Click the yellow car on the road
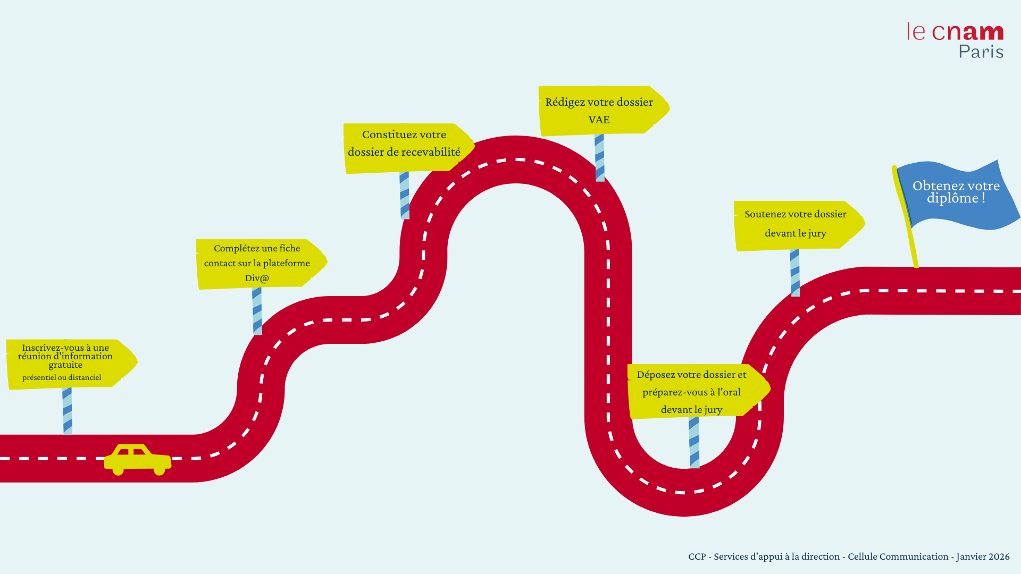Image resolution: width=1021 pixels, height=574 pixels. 137,459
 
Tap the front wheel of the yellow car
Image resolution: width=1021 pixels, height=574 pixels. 159,470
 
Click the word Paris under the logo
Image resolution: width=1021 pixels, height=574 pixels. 981,52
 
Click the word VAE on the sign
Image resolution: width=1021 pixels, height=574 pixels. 599,120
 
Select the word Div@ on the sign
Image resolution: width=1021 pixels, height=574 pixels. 257,278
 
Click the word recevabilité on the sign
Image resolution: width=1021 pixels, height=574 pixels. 431,152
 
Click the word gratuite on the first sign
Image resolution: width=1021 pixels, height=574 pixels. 65,365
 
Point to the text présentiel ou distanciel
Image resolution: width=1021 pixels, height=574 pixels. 62,377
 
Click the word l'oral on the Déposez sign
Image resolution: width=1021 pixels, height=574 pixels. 729,392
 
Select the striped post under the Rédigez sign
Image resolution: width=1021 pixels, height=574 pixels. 600,158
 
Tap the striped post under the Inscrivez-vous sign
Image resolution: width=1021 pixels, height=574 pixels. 68,411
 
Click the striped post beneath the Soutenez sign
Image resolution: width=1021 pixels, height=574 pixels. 795,273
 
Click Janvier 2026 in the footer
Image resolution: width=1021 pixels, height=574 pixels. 983,556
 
